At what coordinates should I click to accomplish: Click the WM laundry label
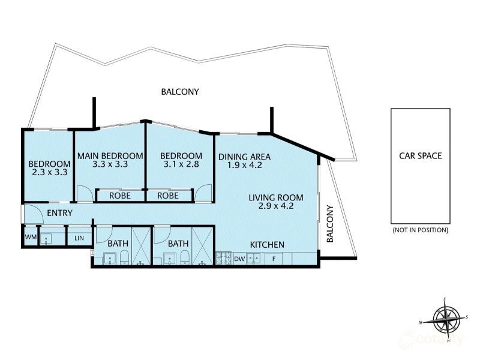pos(29,238)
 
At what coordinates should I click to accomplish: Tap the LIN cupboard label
pos(79,238)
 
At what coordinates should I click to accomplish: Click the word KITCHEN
pos(267,245)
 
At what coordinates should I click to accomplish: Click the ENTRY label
pos(59,213)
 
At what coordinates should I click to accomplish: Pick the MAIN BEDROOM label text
pos(110,156)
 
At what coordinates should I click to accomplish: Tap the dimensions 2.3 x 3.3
pos(49,172)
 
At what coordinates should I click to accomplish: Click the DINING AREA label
pos(244,157)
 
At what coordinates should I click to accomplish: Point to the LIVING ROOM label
pos(277,197)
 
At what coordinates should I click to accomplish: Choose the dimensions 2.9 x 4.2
pos(277,207)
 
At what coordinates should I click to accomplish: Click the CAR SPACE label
pos(421,156)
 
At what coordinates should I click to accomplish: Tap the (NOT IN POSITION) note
pos(420,230)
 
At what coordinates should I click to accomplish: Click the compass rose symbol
pos(445,318)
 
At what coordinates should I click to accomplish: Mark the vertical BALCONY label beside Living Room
pos(329,224)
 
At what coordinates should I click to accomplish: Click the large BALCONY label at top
pos(180,92)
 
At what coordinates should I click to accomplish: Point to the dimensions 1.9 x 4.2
pos(244,166)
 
